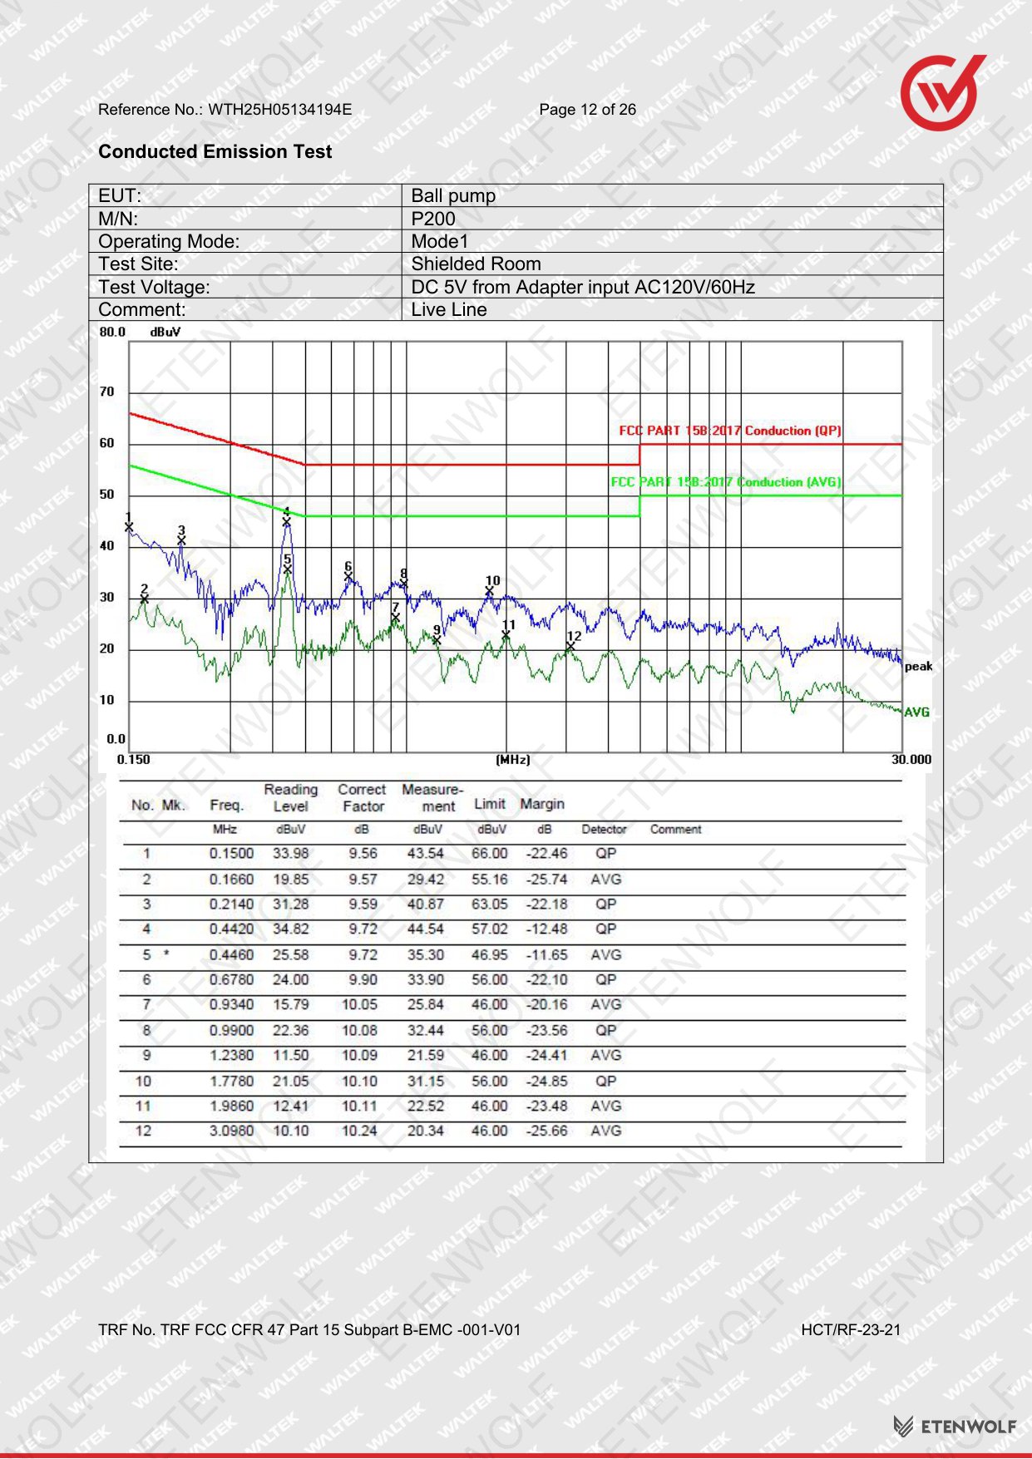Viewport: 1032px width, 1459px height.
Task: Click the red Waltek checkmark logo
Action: [941, 93]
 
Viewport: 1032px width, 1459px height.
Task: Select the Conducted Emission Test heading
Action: [215, 151]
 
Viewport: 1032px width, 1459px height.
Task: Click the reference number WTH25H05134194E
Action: [279, 109]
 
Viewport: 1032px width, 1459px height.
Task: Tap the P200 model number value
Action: [433, 219]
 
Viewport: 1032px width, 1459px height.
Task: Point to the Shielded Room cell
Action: [476, 264]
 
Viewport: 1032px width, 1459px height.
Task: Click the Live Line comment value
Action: [449, 309]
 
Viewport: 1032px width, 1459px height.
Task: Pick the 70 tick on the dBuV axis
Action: [107, 392]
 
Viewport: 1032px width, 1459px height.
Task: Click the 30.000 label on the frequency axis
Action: [911, 759]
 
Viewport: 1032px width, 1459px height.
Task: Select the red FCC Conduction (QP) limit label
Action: [730, 431]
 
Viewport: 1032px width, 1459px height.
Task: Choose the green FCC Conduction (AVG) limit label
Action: [726, 482]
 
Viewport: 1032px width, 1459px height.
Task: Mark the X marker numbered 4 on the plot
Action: [287, 522]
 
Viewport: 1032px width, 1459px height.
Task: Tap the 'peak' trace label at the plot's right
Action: [918, 667]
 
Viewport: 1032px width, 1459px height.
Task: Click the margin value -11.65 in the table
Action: [546, 955]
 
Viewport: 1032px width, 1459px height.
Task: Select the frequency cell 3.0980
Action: [231, 1131]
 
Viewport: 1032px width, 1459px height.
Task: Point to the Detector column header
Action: [604, 830]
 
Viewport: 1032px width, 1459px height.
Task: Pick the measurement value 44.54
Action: [425, 929]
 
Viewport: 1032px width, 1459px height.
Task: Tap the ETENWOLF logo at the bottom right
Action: [955, 1427]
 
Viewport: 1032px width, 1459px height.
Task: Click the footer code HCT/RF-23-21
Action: [851, 1329]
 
